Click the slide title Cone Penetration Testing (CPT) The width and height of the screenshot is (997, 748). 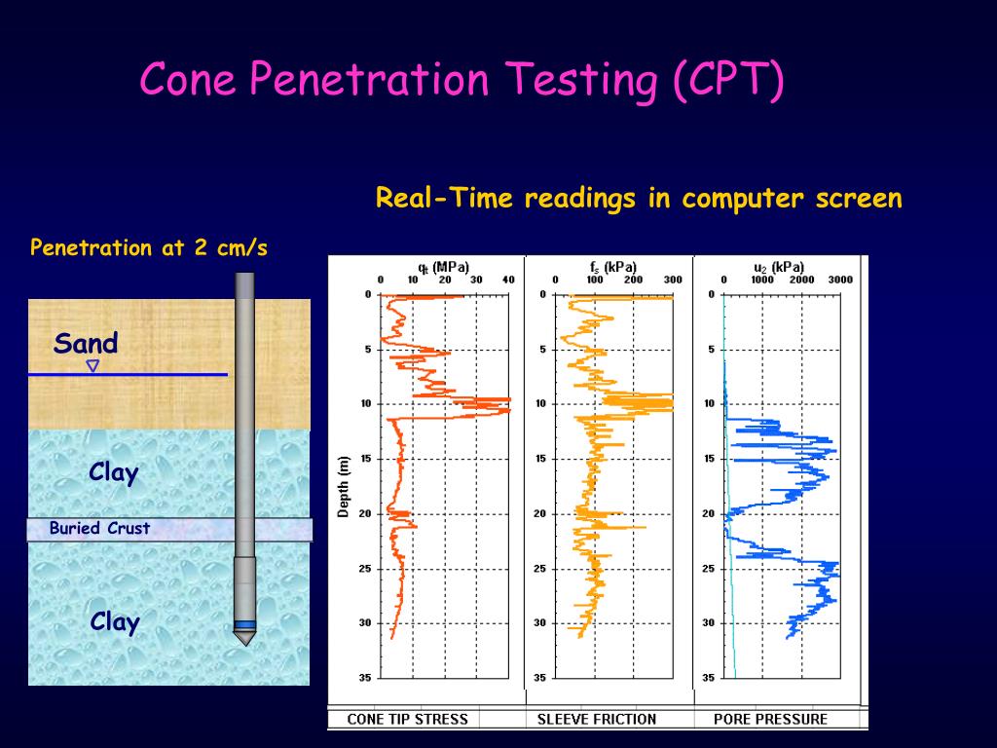click(462, 79)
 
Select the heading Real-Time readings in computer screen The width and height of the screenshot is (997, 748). click(639, 199)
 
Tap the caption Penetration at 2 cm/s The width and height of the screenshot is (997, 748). click(149, 247)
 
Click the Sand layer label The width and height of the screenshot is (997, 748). click(86, 343)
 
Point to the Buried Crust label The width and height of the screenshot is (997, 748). click(100, 529)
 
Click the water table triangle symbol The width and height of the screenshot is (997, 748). click(92, 366)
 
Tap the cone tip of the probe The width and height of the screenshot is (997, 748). click(244, 638)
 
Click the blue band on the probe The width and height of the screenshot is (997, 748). click(244, 624)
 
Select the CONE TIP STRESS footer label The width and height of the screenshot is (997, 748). click(408, 720)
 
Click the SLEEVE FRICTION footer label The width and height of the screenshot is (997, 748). click(597, 720)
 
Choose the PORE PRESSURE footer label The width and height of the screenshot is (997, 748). click(770, 720)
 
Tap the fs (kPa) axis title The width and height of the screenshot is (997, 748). click(612, 266)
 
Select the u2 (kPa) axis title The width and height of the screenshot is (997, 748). click(779, 266)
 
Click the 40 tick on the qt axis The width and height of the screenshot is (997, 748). click(507, 280)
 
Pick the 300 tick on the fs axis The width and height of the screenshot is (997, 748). click(672, 280)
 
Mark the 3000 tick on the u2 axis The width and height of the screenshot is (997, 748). click(839, 280)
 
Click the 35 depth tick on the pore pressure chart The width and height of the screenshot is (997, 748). click(710, 677)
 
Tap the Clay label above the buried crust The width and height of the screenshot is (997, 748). click(114, 473)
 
